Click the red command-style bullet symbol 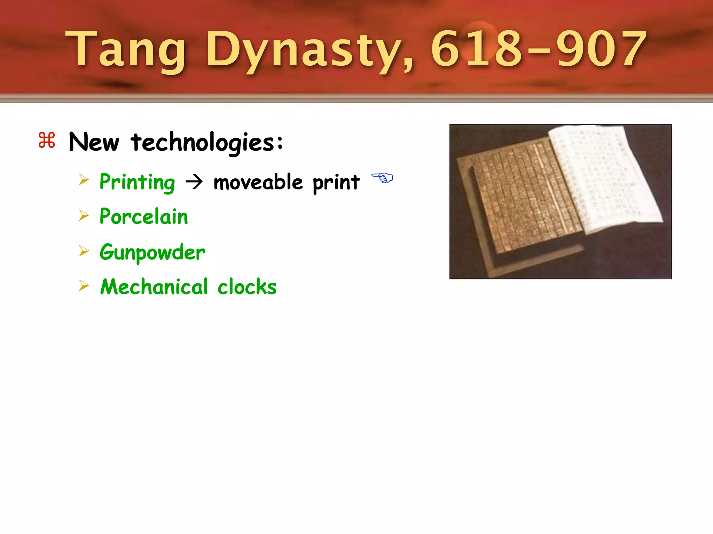[47, 140]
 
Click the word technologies [207, 143]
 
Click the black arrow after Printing [194, 182]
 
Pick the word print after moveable [336, 183]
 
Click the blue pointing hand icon [382, 178]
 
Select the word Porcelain [143, 217]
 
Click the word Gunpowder [152, 252]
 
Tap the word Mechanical [154, 287]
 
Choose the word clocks [247, 287]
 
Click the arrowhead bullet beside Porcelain [84, 216]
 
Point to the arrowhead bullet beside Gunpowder [84, 251]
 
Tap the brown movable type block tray [522, 202]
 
